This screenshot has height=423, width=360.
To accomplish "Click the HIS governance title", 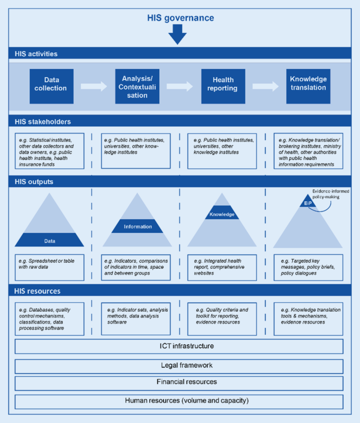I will pyautogui.click(x=180, y=18).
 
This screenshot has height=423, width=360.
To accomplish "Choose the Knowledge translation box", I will pyautogui.click(x=308, y=84).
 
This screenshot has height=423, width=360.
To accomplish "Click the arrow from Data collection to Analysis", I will pyautogui.click(x=94, y=86).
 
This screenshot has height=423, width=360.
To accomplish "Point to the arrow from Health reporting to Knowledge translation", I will pyautogui.click(x=265, y=86).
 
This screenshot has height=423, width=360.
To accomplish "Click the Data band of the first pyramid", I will pyautogui.click(x=49, y=241).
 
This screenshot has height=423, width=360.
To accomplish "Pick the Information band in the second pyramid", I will pyautogui.click(x=137, y=226).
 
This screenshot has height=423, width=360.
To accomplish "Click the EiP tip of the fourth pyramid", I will pyautogui.click(x=307, y=202).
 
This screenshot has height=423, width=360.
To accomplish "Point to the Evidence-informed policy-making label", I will pyautogui.click(x=330, y=194).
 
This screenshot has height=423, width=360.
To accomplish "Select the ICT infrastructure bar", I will pyautogui.click(x=179, y=347).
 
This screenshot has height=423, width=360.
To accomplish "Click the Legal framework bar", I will pyautogui.click(x=179, y=366).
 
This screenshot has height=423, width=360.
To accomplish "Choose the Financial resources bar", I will pyautogui.click(x=179, y=382).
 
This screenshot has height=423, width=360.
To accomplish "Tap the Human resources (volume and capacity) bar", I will pyautogui.click(x=179, y=401).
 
